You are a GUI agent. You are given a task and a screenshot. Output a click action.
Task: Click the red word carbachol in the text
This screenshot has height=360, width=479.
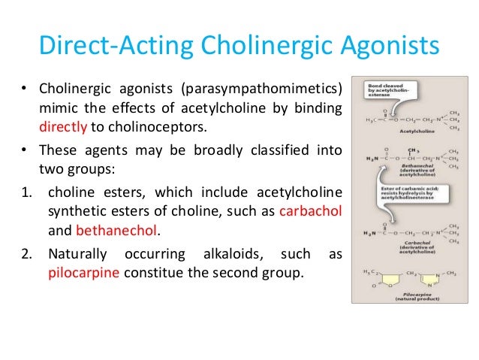[310, 211]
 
